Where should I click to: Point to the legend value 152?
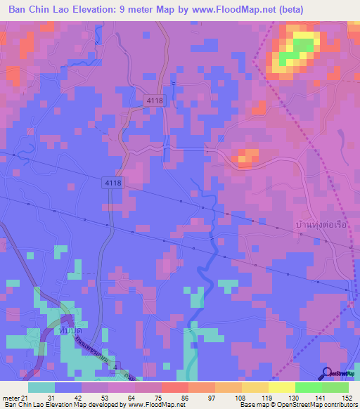click(x=348, y=397)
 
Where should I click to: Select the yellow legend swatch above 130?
click(x=281, y=387)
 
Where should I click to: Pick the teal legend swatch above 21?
click(x=41, y=387)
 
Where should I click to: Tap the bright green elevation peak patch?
click(x=302, y=48)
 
